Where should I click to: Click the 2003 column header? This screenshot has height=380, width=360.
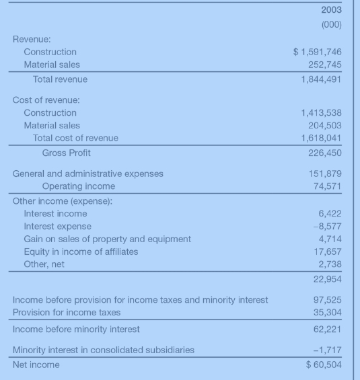click(x=330, y=10)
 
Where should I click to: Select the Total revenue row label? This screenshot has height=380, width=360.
click(x=60, y=79)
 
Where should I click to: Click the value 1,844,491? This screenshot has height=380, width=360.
click(x=321, y=79)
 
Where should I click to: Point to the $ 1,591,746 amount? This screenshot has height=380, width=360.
click(x=318, y=52)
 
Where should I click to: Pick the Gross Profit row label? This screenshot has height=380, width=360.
click(x=66, y=153)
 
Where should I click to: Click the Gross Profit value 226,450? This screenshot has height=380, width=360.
click(x=324, y=153)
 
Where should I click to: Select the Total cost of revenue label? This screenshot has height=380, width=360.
click(x=75, y=138)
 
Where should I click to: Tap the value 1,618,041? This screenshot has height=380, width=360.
click(x=321, y=138)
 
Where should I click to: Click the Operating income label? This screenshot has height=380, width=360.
click(x=78, y=186)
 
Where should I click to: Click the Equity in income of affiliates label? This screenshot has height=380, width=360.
click(x=81, y=252)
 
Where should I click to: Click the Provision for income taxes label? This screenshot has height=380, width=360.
click(x=67, y=313)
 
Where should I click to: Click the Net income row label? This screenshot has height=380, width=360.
click(x=36, y=365)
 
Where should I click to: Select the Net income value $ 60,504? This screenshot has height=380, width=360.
click(x=324, y=365)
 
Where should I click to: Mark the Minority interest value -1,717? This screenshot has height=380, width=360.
click(x=328, y=350)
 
